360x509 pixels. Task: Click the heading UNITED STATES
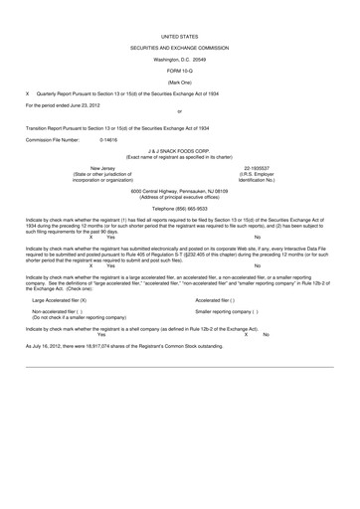click(179, 36)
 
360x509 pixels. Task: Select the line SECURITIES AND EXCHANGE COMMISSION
click(179, 48)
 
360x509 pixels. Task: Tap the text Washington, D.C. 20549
click(179, 60)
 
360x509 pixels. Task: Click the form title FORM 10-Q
click(179, 71)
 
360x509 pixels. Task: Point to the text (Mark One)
click(179, 82)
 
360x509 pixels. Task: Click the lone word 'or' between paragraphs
click(179, 111)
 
